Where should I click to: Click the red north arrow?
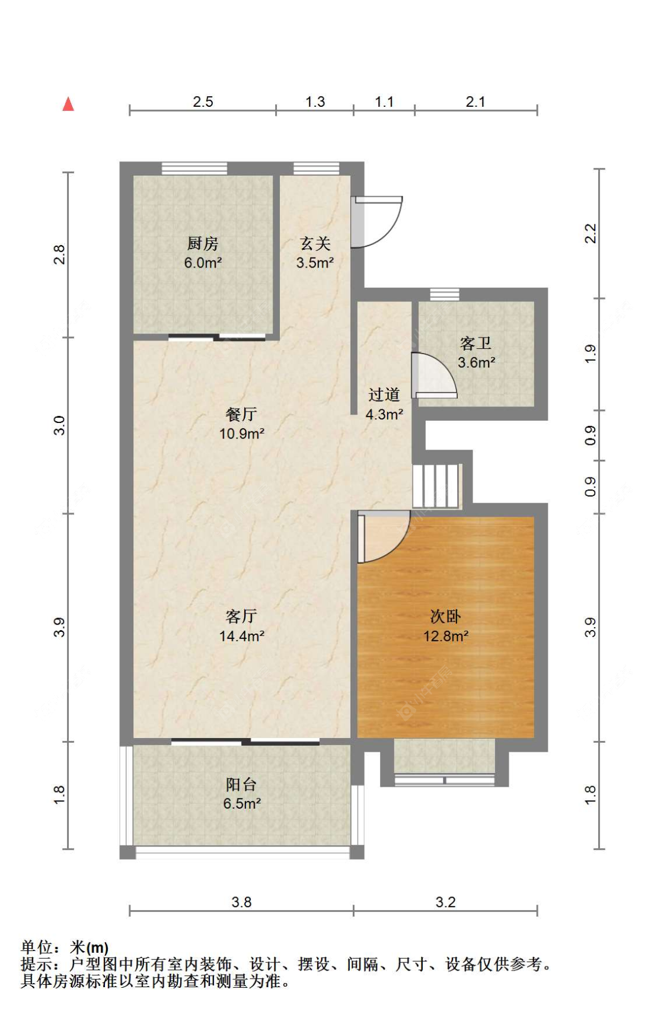coord(68,104)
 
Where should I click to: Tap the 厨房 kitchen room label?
coord(203,243)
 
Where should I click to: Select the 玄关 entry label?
coord(315,243)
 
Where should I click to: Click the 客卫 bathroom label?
coord(475,343)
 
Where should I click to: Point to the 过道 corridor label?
coord(384,395)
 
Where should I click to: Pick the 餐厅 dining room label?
coord(241,414)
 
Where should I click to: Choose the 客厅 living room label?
coord(241,616)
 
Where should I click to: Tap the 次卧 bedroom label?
coord(446,616)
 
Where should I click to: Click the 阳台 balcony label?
coord(241,785)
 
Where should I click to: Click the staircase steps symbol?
coord(437,485)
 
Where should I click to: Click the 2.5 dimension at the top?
coord(203,101)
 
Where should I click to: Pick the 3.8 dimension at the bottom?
coord(241,902)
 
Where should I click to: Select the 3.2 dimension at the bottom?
coord(446,902)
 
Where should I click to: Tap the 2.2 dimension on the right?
coord(591,233)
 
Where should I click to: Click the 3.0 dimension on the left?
coord(59,425)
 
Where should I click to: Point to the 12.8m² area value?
coord(446,636)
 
